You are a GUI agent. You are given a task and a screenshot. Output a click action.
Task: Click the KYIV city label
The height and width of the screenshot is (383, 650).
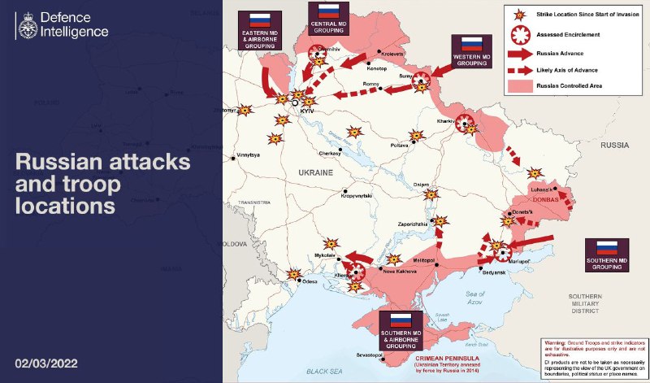click(x=306, y=110)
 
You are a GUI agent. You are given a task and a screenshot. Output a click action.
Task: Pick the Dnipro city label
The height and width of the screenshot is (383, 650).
click(x=421, y=185)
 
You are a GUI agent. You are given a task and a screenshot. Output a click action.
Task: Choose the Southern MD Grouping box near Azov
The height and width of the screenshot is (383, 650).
click(x=606, y=254)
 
